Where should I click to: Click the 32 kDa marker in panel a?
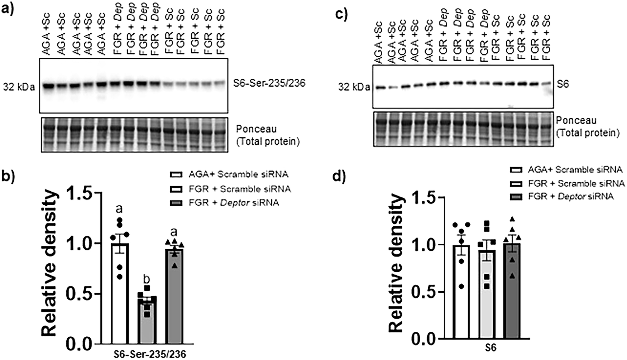tap(19, 87)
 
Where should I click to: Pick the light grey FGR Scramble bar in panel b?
tap(147, 319)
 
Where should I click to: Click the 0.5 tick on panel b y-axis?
tap(82, 294)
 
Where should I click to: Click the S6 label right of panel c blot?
tap(564, 85)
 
